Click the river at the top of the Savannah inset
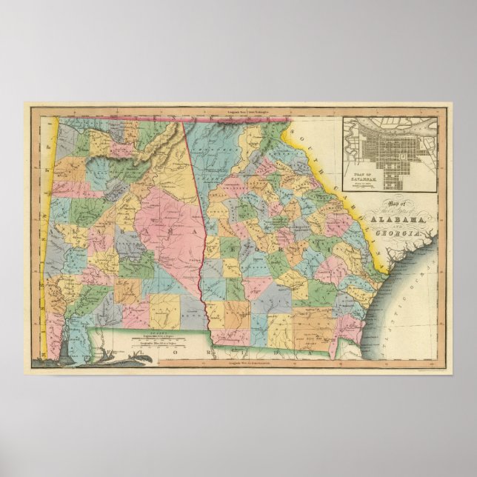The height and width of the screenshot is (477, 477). tap(385, 122)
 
